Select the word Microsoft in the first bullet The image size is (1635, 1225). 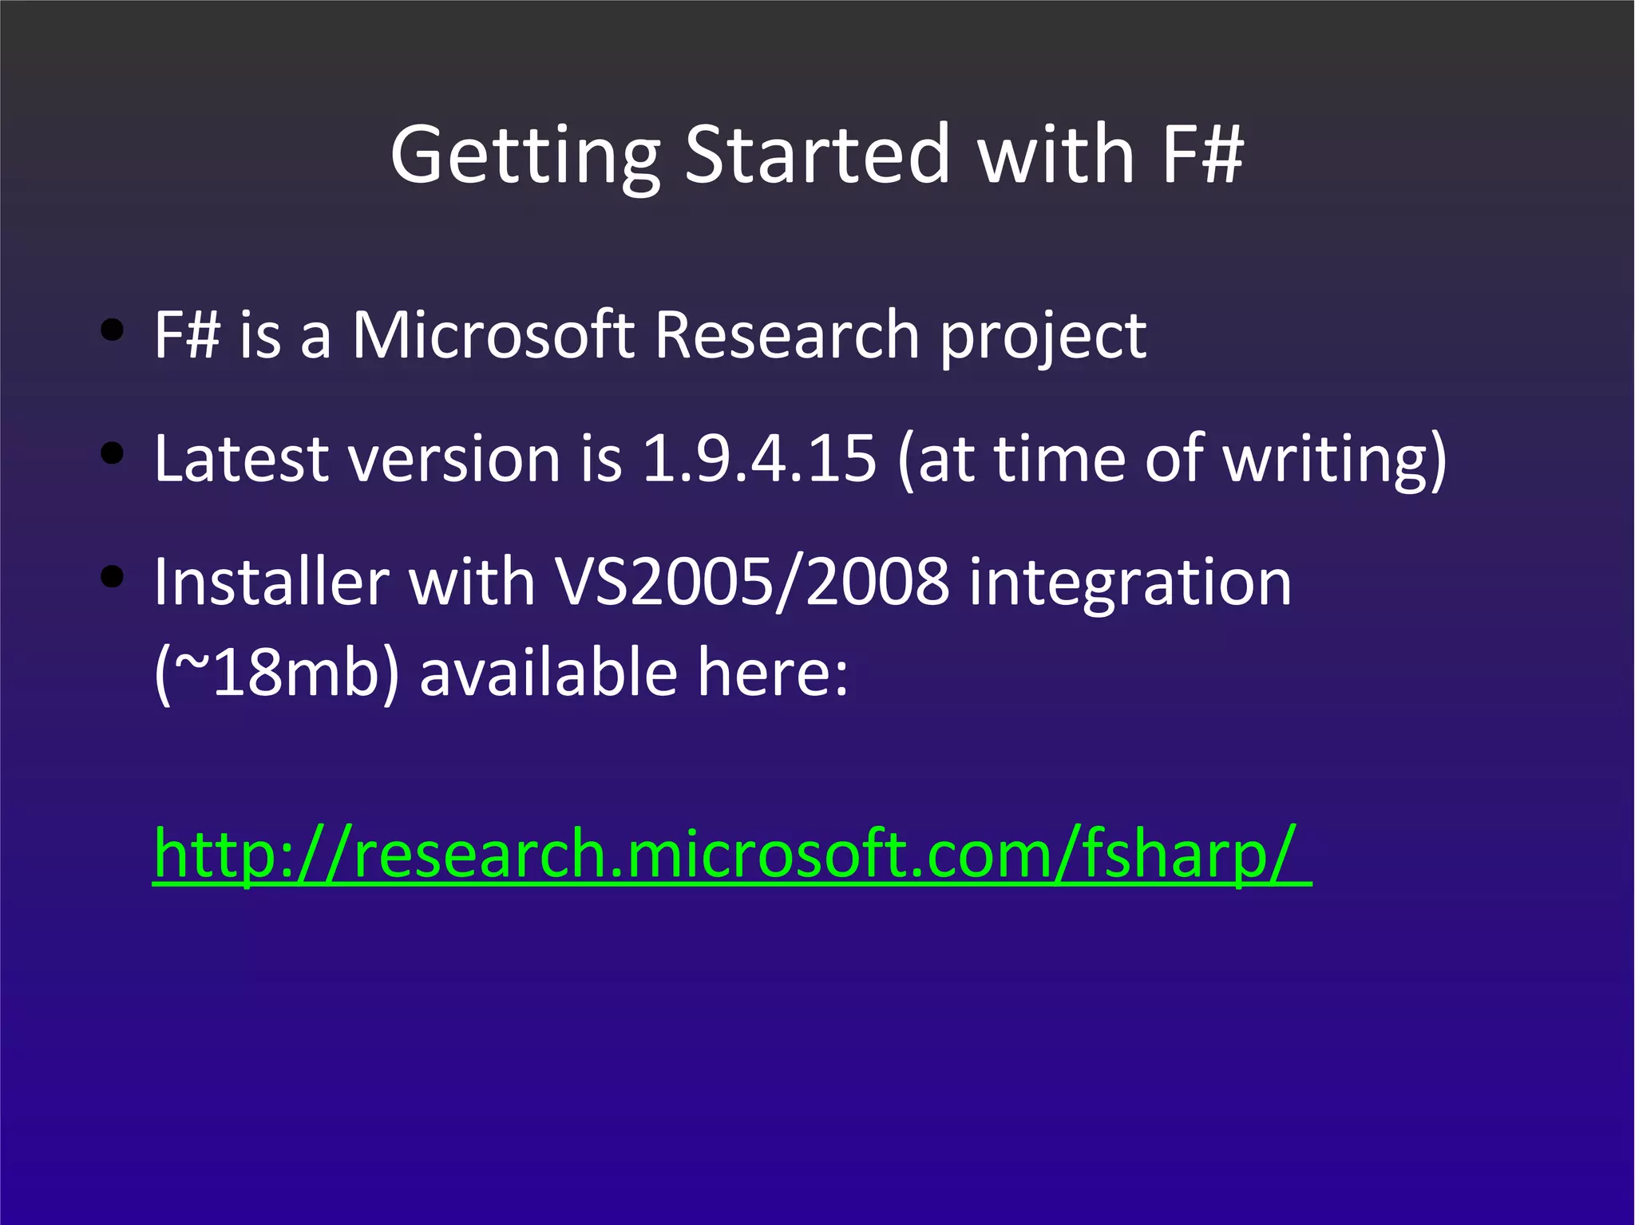point(493,334)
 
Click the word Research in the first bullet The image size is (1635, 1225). point(786,334)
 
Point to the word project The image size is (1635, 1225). point(1043,338)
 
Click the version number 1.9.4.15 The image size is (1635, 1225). point(759,458)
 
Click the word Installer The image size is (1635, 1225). point(271,582)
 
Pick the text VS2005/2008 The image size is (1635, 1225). point(751,582)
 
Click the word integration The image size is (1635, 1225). point(1130,585)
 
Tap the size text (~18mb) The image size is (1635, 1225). point(276,674)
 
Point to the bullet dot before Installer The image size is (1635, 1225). point(113,576)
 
